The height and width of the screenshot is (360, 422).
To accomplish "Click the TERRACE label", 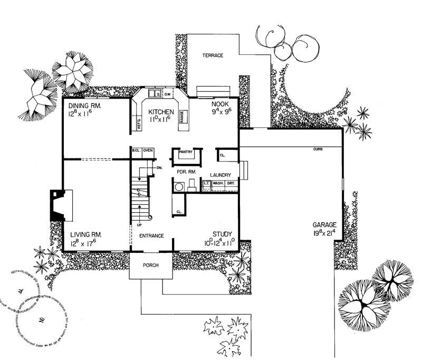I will pyautogui.click(x=213, y=55).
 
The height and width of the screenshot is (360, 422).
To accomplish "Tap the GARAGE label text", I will pyautogui.click(x=323, y=224).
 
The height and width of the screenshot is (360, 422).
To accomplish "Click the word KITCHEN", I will pyautogui.click(x=161, y=112).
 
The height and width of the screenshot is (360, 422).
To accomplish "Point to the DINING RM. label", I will pyautogui.click(x=84, y=106).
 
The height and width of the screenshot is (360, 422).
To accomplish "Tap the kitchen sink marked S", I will pyautogui.click(x=157, y=94).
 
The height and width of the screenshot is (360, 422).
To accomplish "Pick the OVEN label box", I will pyautogui.click(x=148, y=151).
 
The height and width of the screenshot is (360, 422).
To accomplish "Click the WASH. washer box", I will pyautogui.click(x=218, y=183).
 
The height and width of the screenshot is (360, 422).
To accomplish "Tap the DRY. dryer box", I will pyautogui.click(x=231, y=183).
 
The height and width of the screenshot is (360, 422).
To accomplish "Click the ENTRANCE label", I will pyautogui.click(x=151, y=236).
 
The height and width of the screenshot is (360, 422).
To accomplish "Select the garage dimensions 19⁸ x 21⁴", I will pyautogui.click(x=323, y=233).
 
